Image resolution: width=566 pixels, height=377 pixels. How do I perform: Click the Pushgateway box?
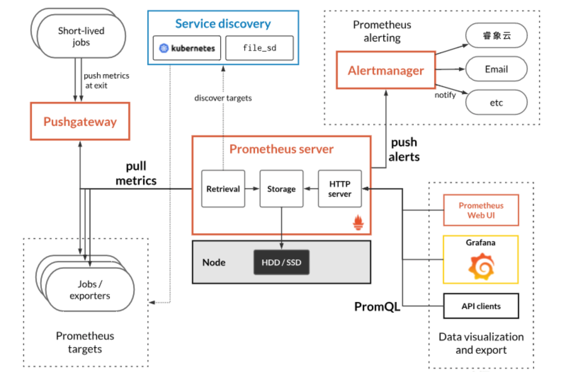[80, 121]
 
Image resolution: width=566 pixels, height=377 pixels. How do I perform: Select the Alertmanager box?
[386, 70]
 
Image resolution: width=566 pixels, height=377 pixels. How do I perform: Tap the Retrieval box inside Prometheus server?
[223, 189]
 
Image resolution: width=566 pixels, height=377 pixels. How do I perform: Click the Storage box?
[281, 189]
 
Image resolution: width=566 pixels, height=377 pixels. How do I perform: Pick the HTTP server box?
[340, 189]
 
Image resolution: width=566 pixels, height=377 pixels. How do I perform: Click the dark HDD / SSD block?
[281, 262]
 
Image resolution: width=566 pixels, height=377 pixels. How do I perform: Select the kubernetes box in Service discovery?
[187, 48]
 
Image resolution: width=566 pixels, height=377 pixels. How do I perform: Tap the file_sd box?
[260, 48]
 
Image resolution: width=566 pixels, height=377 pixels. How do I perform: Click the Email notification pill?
[496, 69]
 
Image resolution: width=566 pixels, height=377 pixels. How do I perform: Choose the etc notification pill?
[496, 103]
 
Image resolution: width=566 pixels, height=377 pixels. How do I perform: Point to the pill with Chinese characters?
[496, 35]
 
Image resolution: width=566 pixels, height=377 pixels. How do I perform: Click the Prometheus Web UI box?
[481, 210]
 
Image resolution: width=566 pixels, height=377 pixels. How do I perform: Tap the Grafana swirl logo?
[481, 266]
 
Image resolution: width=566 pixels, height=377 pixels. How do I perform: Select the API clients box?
[481, 306]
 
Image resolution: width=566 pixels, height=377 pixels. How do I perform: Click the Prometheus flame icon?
[358, 222]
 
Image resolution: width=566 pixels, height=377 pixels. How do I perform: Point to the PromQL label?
[377, 306]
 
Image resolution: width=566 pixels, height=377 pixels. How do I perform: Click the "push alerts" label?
[404, 149]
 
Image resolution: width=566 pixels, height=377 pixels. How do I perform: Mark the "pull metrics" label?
[136, 173]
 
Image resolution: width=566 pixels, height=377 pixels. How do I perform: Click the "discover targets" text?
[223, 98]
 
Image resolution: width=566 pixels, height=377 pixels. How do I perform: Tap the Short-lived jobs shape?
[81, 36]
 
